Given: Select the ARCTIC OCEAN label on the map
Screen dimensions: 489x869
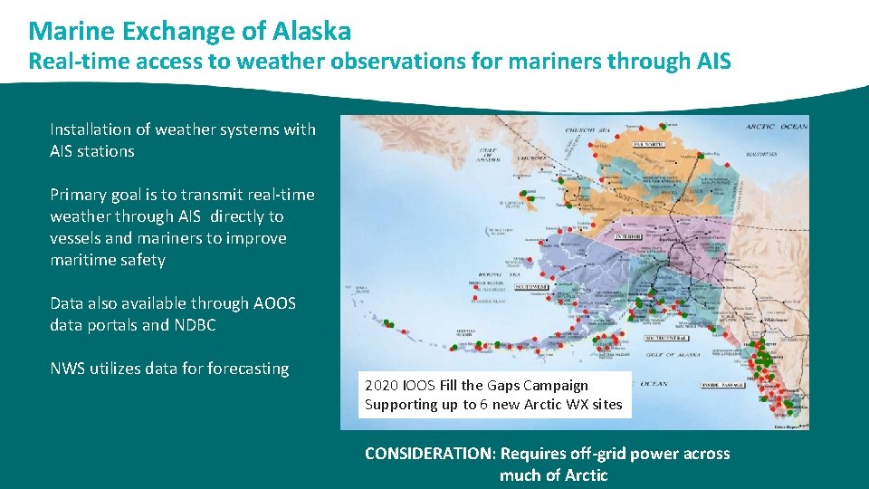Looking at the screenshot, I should [775, 126].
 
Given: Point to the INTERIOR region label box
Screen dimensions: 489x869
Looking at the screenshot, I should [628, 236].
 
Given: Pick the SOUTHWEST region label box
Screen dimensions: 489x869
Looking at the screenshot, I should [532, 286].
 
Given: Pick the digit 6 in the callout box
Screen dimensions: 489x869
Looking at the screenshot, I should [484, 405].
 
